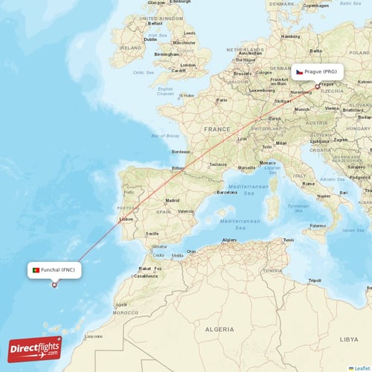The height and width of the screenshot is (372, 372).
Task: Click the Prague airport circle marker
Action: [318, 86]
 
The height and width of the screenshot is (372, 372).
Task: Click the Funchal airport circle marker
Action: [54, 284]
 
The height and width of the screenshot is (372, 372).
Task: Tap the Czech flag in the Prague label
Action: [299, 72]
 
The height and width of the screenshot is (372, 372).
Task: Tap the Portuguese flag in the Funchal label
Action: [35, 270]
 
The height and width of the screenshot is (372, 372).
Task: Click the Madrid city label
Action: [173, 200]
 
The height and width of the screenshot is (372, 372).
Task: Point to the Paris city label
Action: [221, 100]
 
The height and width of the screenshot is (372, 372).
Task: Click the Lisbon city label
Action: [126, 219]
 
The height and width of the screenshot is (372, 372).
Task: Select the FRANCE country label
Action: [217, 129]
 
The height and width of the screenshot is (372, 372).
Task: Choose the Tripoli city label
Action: [315, 280]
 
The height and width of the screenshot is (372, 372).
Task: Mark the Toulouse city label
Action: [218, 164]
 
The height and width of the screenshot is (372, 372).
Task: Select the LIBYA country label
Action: [350, 339]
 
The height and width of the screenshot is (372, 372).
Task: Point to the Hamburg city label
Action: [291, 36]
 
